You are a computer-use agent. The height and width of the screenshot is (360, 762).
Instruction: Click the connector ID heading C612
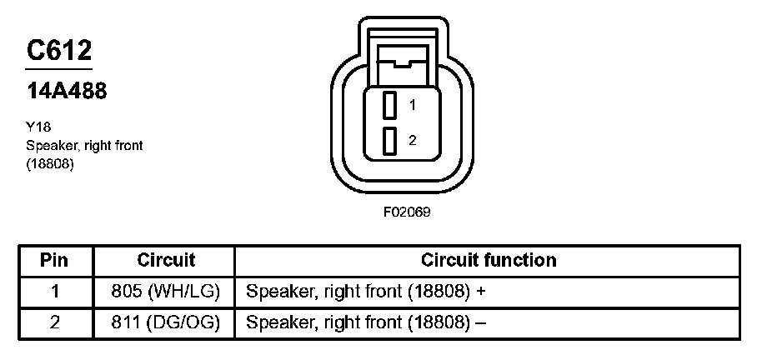click(x=59, y=51)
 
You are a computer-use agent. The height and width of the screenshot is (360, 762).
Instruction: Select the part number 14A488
click(x=68, y=92)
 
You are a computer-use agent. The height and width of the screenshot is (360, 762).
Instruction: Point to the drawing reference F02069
click(x=407, y=212)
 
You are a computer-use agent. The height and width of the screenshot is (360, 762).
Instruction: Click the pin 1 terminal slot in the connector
click(x=389, y=106)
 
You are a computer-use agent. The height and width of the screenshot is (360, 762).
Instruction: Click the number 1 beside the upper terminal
click(x=412, y=106)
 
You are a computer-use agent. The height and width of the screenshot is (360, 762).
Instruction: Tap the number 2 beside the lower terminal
click(x=412, y=141)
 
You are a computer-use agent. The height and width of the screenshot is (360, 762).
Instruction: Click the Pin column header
click(x=54, y=260)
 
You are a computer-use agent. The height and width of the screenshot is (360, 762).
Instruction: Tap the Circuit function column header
click(x=488, y=260)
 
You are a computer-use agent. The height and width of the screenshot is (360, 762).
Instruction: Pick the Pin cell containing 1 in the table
click(x=55, y=292)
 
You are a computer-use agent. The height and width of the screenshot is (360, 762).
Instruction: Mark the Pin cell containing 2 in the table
click(x=55, y=322)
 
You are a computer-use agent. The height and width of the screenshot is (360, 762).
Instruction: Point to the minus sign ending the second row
click(x=479, y=322)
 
